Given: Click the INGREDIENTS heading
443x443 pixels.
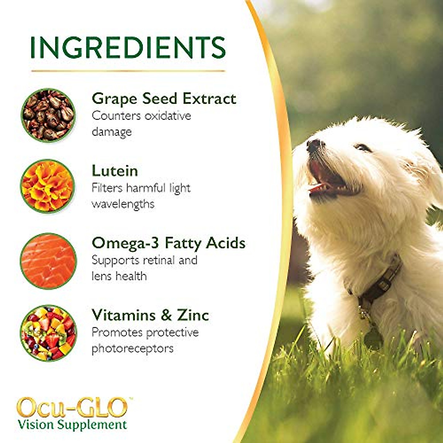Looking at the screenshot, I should pos(127,47).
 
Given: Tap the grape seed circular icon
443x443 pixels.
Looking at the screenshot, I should pos(48,114).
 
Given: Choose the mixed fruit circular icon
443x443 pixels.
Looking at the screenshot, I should pos(48,332).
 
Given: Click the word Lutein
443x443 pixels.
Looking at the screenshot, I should pos(115,171).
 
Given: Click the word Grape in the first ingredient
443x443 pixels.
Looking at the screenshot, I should pos(115,99).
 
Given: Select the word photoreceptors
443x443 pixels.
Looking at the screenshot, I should pos(133,348).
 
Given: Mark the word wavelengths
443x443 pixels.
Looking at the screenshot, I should pos(123,204).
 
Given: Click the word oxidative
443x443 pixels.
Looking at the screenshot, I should pos(168,116).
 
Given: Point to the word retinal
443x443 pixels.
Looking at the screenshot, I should pos(159,260).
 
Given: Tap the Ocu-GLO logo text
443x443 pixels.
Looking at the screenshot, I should pos(72,408).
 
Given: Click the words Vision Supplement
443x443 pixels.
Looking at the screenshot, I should pos(72,425).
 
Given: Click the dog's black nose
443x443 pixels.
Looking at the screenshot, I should pos(314,145).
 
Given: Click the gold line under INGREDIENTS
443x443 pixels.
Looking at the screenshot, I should pos(128,71).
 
